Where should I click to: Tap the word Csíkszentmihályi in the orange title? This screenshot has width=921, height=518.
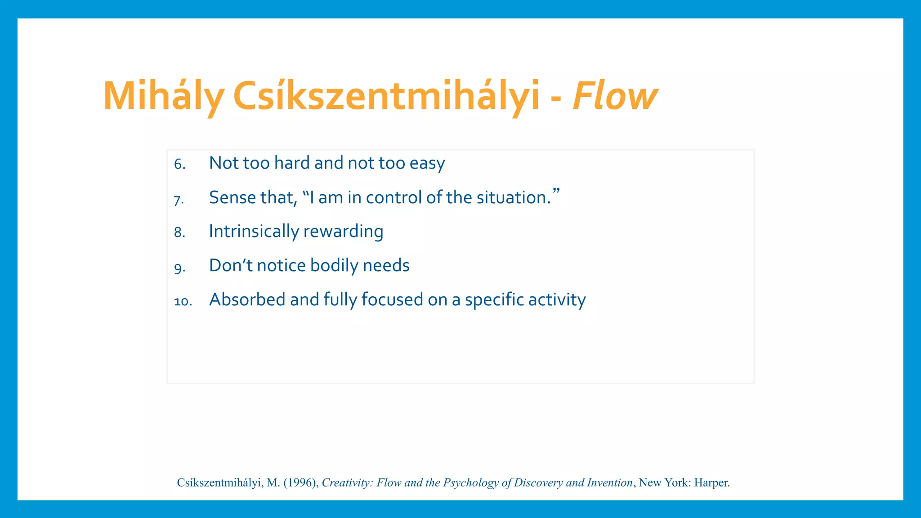[x=386, y=96]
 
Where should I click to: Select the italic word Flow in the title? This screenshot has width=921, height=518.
[x=615, y=96]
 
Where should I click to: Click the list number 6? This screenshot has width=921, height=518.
[x=179, y=165]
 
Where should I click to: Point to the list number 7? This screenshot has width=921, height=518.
[x=179, y=200]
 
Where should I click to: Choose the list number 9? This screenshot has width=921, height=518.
[x=179, y=268]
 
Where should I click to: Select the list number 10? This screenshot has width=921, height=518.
[x=183, y=301]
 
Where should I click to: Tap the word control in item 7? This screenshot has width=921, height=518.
[x=393, y=198]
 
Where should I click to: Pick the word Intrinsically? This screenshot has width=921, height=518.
[x=254, y=232]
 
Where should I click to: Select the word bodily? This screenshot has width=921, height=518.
[x=334, y=266]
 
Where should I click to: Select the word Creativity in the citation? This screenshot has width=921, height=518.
[x=347, y=483]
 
